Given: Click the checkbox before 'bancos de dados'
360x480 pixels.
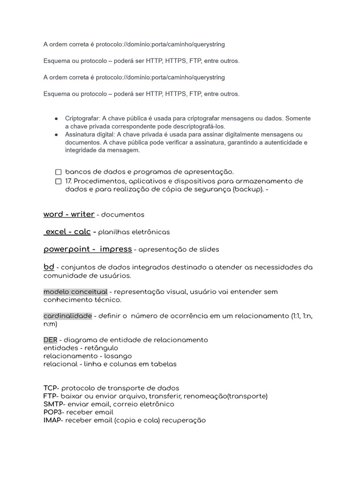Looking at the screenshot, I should [x=58, y=172].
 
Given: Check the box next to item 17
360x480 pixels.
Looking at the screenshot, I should [x=58, y=181].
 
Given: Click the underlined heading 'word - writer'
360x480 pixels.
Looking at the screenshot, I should [x=69, y=214].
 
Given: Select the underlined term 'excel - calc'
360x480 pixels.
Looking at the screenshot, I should [x=67, y=232].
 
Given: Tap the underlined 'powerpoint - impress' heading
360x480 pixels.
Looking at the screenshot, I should [x=88, y=249].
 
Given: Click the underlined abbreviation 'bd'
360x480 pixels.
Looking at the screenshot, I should [x=49, y=267].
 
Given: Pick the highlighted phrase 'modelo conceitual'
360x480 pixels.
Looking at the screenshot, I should [x=75, y=292].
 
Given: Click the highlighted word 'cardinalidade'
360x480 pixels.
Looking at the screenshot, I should [x=67, y=316].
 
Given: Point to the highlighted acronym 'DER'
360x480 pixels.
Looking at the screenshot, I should [x=50, y=339].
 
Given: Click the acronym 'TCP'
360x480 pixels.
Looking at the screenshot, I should [x=50, y=388].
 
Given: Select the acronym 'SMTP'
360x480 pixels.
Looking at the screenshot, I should [x=52, y=404].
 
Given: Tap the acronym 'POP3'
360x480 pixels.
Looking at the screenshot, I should [x=52, y=412].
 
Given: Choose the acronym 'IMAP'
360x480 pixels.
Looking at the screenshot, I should [x=52, y=420].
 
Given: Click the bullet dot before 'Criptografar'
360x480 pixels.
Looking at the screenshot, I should [x=56, y=119].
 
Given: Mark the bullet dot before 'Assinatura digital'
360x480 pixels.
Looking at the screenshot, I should [x=56, y=135].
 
